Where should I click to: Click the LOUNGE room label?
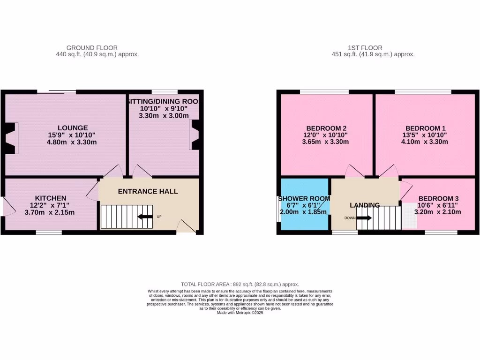point(73,127)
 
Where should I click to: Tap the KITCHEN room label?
point(50,198)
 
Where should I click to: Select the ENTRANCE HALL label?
point(148,191)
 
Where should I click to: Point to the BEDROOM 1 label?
point(425,128)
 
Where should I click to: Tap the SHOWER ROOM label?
point(304,198)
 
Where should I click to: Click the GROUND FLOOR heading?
point(92,48)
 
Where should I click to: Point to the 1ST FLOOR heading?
point(365,48)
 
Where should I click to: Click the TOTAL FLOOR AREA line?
point(240,285)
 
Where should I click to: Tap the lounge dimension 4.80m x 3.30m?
point(73,142)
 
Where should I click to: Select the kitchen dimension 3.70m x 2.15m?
point(50,212)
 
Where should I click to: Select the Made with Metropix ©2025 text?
point(240,313)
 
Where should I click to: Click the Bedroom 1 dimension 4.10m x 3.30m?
point(425,142)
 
